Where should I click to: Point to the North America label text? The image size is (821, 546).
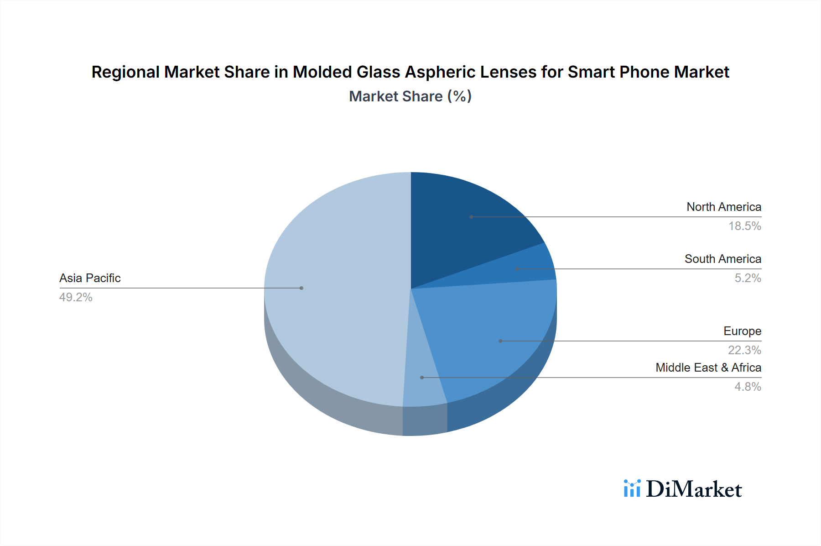point(724,207)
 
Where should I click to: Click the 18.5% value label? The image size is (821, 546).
point(744,226)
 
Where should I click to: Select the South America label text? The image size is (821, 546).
point(722,259)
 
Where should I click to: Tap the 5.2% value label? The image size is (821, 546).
point(748,278)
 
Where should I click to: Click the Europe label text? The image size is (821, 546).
point(742,331)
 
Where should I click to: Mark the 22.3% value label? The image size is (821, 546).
point(744,350)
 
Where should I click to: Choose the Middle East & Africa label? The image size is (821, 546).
point(708,367)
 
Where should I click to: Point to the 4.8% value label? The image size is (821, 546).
point(748,387)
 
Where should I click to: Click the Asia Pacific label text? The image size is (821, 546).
point(90,278)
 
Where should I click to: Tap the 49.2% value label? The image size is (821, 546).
point(76,297)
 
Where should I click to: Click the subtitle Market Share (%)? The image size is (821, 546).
point(410,96)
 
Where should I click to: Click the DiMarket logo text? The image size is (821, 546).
point(694,489)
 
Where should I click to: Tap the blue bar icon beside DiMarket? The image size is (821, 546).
point(632,488)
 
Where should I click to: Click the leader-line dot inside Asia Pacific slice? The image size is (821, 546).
point(301,288)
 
